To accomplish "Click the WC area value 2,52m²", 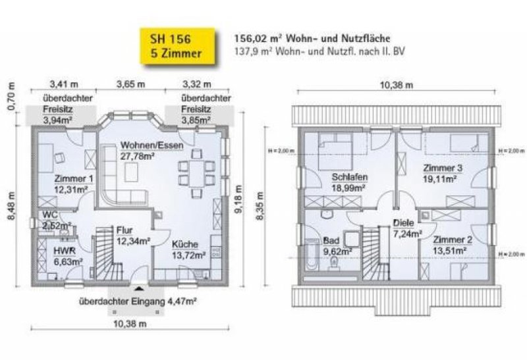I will click(x=57, y=226).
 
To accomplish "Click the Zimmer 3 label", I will click(x=443, y=168).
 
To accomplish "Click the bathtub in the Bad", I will click(x=313, y=260).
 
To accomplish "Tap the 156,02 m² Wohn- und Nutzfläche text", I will click(x=307, y=39).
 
